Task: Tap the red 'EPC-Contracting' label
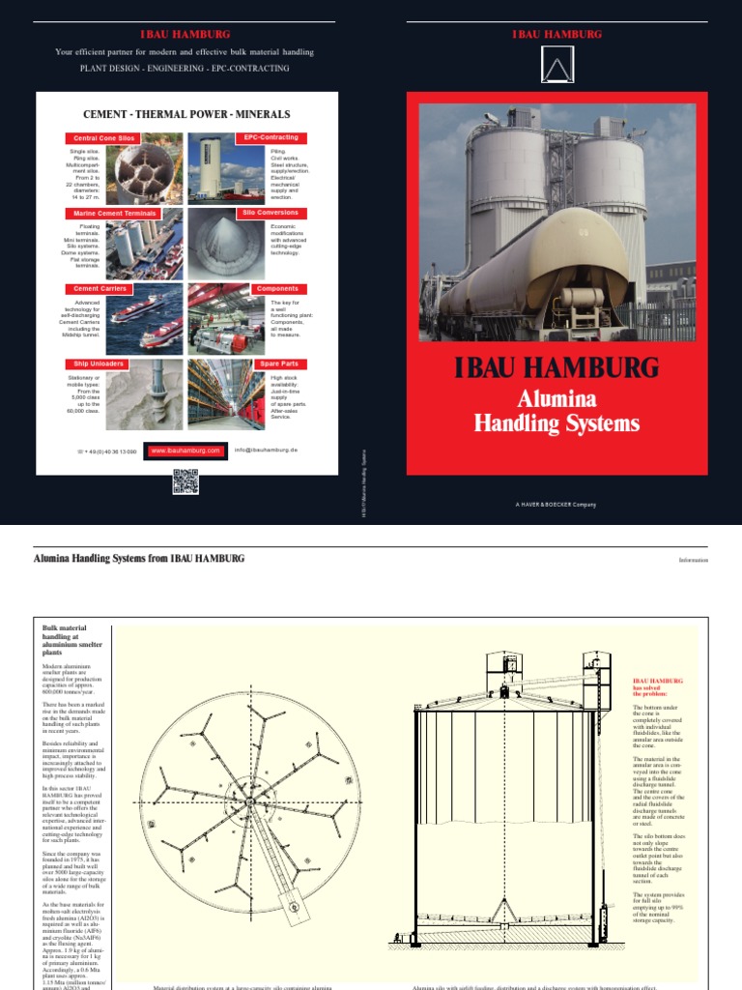pos(270,137)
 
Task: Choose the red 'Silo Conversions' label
pos(270,212)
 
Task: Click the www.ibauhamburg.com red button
pos(185,451)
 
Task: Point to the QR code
pos(185,480)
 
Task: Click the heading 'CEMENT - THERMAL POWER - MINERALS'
pos(186,114)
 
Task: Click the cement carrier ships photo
pos(144,319)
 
